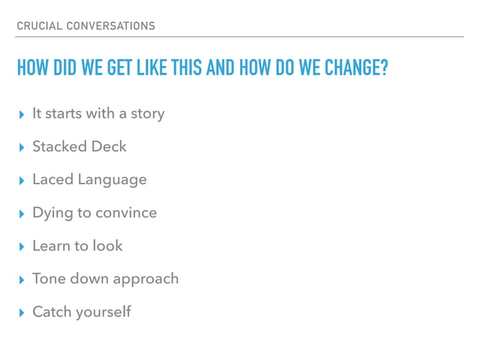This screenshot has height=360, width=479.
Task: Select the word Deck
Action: point(108,147)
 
